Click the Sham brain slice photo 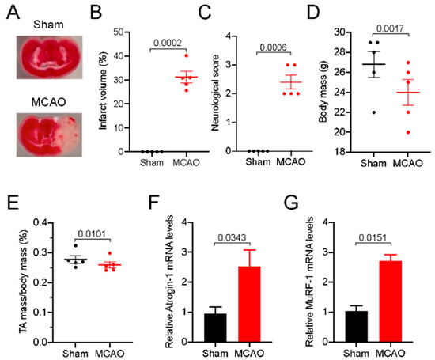click(49, 57)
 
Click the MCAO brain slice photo click(49, 135)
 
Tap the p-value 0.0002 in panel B click(168, 43)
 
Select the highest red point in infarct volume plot click(186, 56)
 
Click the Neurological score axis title click(215, 93)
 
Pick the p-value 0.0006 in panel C click(274, 47)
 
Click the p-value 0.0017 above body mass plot click(390, 28)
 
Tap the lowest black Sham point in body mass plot click(373, 112)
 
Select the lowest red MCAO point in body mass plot click(408, 132)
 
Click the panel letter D click(313, 13)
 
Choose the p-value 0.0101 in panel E click(92, 234)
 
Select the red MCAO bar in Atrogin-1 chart click(249, 304)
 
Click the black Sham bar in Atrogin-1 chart click(215, 328)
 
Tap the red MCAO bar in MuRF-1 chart click(391, 301)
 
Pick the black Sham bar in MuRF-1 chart click(357, 327)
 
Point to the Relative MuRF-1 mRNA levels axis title click(309, 282)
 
